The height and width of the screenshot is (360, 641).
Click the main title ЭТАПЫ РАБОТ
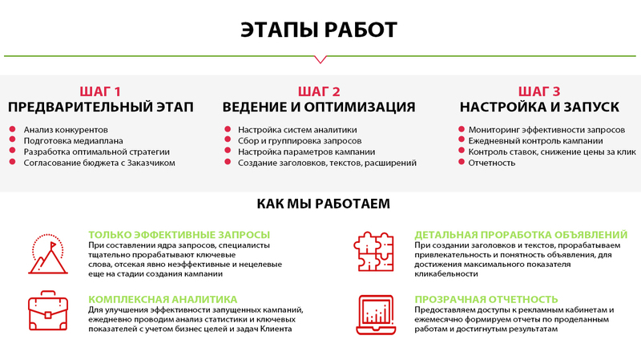coord(319,30)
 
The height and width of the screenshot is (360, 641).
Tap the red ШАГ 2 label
coord(319,91)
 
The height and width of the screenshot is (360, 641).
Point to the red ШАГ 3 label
coord(539,91)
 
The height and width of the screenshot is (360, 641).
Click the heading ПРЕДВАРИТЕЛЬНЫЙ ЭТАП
coord(101,107)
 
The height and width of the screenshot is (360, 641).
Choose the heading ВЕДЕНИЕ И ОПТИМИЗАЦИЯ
coord(319,107)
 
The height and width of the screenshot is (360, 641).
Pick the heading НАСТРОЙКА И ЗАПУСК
coord(539,107)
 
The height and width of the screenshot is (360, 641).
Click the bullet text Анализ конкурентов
coord(66,129)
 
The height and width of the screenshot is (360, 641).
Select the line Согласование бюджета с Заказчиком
coord(99,163)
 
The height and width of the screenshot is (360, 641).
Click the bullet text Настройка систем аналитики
coord(297,129)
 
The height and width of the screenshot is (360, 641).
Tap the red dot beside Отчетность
coord(462,163)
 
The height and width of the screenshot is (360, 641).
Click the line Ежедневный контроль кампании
coord(530,140)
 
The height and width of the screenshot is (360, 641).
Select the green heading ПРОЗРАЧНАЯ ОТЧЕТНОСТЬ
coord(486,298)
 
